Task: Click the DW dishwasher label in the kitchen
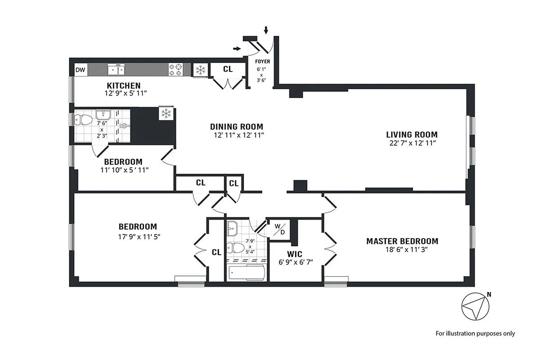(80, 70)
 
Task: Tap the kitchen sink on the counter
(116, 69)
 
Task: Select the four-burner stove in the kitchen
(175, 69)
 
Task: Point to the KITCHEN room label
(123, 85)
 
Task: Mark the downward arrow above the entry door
(266, 30)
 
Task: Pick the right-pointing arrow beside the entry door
(237, 48)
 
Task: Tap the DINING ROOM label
(236, 127)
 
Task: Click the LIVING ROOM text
(411, 135)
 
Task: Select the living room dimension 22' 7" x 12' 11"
(411, 143)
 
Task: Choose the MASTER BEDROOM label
(402, 241)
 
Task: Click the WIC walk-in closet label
(295, 254)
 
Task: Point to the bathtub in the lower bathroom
(246, 272)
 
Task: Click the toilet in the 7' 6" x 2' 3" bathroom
(83, 120)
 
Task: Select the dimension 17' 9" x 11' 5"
(138, 235)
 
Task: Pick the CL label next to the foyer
(228, 69)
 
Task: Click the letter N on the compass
(489, 295)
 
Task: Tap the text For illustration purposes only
(475, 333)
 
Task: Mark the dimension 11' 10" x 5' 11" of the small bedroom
(124, 170)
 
